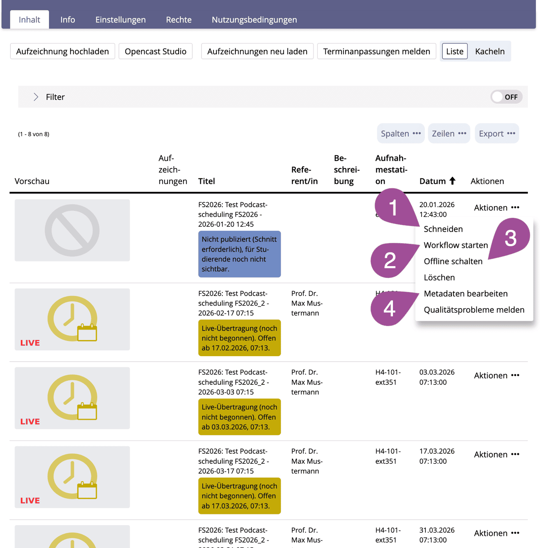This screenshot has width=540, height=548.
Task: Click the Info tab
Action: click(67, 20)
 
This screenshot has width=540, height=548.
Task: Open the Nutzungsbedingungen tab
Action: click(254, 20)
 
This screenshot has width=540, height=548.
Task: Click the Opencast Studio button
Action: click(155, 51)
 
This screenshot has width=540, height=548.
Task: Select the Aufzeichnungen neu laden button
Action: click(257, 51)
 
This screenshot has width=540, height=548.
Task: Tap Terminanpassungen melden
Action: click(376, 51)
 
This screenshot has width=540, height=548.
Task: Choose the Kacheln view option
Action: click(490, 51)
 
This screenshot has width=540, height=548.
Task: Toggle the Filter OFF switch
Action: click(506, 97)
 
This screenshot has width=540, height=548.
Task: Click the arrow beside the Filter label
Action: click(36, 97)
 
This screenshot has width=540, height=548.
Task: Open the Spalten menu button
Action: click(400, 134)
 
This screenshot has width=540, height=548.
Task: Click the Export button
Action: click(496, 134)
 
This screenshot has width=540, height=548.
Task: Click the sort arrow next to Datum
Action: click(452, 181)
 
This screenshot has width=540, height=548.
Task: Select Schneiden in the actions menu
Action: click(443, 229)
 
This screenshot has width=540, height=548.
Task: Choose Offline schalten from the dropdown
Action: click(453, 262)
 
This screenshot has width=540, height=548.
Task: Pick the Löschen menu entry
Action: click(439, 278)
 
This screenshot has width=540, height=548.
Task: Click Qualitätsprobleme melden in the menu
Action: click(474, 310)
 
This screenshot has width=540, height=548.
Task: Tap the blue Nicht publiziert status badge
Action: click(239, 254)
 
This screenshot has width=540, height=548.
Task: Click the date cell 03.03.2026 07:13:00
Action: click(437, 377)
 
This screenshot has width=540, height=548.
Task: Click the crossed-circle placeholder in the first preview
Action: click(72, 230)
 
